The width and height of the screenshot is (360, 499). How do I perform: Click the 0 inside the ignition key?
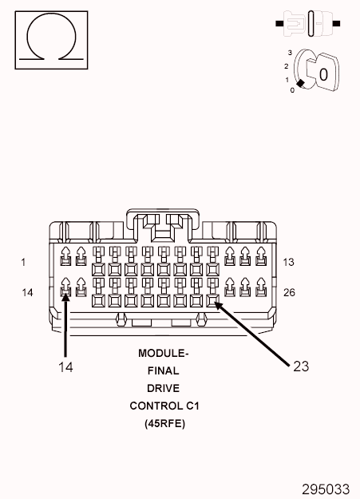tap(323, 73)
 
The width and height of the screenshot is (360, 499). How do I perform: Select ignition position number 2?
tap(286, 65)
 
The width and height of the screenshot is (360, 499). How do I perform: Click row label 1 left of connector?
tap(23, 263)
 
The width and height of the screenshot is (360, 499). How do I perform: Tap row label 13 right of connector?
tap(289, 263)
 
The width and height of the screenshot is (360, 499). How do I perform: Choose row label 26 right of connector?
tap(289, 292)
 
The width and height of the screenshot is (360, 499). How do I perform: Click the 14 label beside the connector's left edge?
tap(27, 293)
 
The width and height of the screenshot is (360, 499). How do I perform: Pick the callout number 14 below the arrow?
tap(65, 366)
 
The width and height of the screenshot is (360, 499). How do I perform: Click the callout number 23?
tap(301, 366)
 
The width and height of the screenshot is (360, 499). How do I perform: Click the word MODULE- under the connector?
tap(164, 352)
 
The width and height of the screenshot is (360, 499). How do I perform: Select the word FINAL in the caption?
tap(164, 370)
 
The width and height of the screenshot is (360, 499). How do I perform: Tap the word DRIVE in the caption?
tap(164, 388)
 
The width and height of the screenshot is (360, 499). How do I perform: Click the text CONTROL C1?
tap(164, 406)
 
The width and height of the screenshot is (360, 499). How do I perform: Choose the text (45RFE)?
tap(164, 424)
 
